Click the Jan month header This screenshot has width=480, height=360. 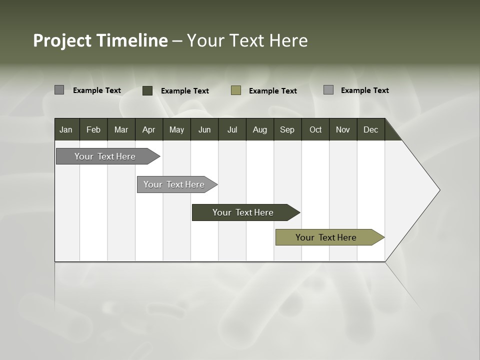tap(66, 129)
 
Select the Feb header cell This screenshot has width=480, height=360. tap(93, 129)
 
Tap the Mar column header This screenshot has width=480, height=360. tap(121, 129)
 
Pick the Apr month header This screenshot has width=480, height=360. tap(148, 129)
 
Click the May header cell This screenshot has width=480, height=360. tap(176, 129)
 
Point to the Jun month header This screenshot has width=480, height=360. tap(204, 129)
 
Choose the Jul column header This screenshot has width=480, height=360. tap(232, 129)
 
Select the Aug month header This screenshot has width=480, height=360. tap(259, 129)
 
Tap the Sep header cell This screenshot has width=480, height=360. tap(287, 129)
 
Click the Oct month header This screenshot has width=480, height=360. tap(315, 129)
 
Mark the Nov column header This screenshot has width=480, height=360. tap(343, 129)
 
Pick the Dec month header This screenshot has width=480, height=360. tap(370, 129)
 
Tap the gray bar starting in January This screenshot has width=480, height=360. tap(105, 156)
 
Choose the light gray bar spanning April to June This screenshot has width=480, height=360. tap(174, 184)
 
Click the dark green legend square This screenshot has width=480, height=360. tap(147, 90)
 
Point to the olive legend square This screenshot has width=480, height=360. tap(236, 90)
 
